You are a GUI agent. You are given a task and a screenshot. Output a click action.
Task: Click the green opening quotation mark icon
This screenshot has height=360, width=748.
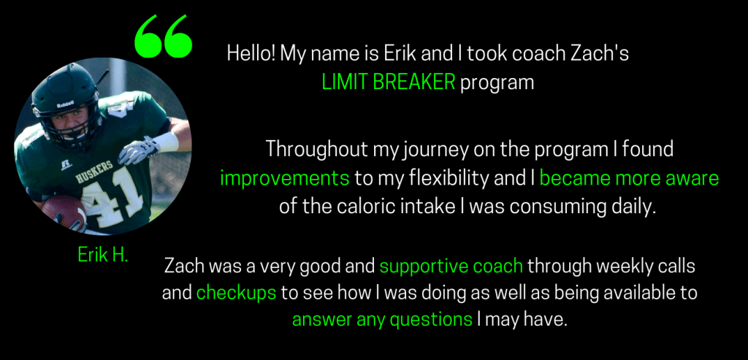pyautogui.click(x=164, y=37)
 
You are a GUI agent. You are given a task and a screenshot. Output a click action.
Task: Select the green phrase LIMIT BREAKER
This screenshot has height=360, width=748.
pyautogui.click(x=389, y=83)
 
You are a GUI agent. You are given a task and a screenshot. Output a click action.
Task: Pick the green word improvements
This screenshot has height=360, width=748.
pyautogui.click(x=285, y=178)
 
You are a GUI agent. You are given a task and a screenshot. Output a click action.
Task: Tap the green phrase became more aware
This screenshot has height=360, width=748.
pyautogui.click(x=629, y=178)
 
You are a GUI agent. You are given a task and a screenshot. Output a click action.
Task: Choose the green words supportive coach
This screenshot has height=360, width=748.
pyautogui.click(x=451, y=267)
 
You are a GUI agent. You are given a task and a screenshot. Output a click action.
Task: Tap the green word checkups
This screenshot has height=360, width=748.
pyautogui.click(x=236, y=293)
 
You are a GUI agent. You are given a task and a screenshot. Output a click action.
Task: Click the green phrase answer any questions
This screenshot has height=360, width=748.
pyautogui.click(x=382, y=319)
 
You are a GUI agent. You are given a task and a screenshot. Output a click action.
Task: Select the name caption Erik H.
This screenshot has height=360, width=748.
pyautogui.click(x=103, y=255)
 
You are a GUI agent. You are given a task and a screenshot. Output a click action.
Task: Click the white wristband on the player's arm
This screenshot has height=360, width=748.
pyautogui.click(x=166, y=142)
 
